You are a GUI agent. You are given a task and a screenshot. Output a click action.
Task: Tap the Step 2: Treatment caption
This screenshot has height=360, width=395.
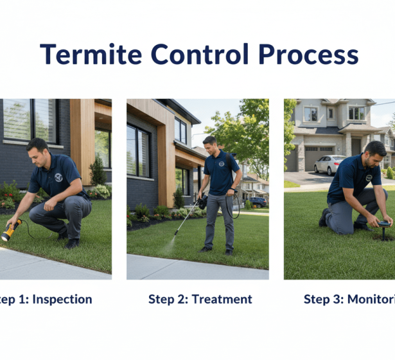click(200, 299)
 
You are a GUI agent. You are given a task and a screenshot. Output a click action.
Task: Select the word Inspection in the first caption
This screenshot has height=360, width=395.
click(64, 299)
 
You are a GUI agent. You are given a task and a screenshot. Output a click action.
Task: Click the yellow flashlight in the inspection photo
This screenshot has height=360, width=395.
click(11, 230)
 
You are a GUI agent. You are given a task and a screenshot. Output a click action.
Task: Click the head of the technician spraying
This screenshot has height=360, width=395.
click(210, 142)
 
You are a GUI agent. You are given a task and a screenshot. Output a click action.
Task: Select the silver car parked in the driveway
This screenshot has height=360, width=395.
click(329, 165)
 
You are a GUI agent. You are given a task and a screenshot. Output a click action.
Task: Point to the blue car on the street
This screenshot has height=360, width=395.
click(259, 201)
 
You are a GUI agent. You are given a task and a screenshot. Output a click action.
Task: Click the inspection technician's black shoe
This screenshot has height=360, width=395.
click(73, 243)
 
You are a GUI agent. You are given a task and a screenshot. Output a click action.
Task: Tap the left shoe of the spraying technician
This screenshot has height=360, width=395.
click(206, 249)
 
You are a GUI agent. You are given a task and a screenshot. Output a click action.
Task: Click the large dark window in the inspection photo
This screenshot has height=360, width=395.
click(30, 120)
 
